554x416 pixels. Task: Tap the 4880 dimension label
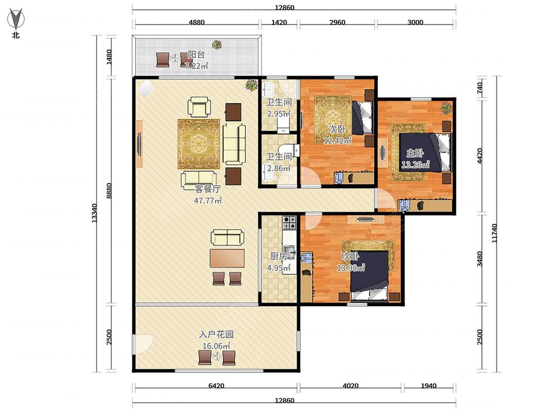tap(196, 22)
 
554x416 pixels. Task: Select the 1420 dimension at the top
tap(279, 22)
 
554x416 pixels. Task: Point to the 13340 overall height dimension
tap(94, 213)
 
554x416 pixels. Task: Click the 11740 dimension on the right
tap(494, 233)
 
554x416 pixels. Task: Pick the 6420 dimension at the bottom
tap(216, 385)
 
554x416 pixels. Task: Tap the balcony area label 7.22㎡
tap(197, 66)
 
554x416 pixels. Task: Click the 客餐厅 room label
tap(208, 189)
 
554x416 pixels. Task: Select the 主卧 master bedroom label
tap(415, 153)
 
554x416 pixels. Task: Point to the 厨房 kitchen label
tap(279, 256)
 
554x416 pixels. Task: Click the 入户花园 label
tap(216, 334)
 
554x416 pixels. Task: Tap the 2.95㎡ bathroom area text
tap(279, 113)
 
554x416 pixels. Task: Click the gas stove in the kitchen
tap(290, 222)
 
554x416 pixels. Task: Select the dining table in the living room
tap(227, 258)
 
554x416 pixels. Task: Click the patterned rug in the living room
tap(199, 144)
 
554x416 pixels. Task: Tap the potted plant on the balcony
tap(217, 44)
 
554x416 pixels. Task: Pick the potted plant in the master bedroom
tap(446, 107)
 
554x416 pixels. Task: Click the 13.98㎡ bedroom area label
tap(351, 268)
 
